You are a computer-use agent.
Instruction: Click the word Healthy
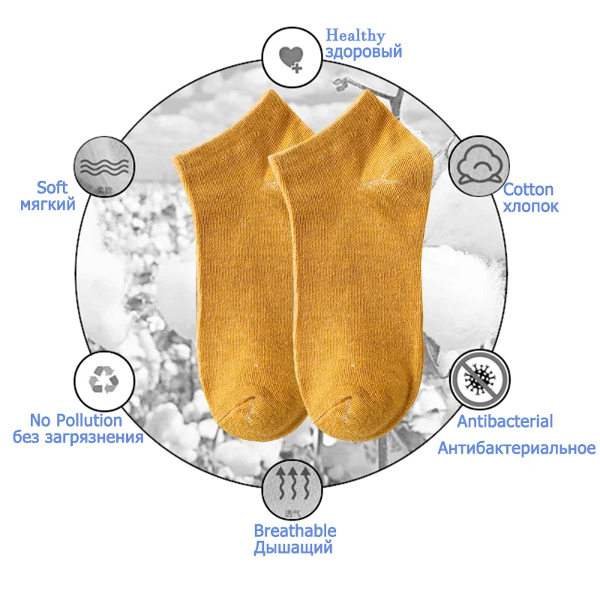pyautogui.click(x=355, y=35)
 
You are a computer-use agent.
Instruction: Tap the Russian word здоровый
pyautogui.click(x=364, y=52)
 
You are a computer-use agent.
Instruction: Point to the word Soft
pyautogui.click(x=52, y=187)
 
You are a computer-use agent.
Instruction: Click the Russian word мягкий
pyautogui.click(x=46, y=203)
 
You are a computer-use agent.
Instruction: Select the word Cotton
pyautogui.click(x=528, y=190)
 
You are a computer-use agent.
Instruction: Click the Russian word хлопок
pyautogui.click(x=531, y=206)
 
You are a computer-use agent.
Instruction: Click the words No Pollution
pyautogui.click(x=76, y=421)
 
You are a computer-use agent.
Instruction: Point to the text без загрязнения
pyautogui.click(x=78, y=437)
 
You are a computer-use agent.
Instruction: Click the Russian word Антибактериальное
pyautogui.click(x=516, y=448)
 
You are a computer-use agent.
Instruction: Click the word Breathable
pyautogui.click(x=295, y=531)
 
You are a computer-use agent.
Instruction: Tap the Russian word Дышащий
pyautogui.click(x=293, y=548)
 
